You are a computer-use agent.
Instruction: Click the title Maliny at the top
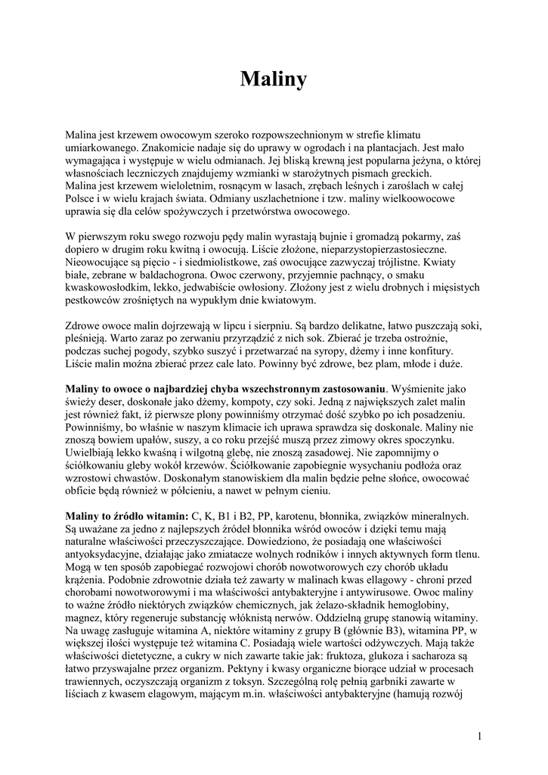point(274,79)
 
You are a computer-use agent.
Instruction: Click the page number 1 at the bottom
point(481,735)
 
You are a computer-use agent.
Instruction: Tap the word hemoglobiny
point(435,606)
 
